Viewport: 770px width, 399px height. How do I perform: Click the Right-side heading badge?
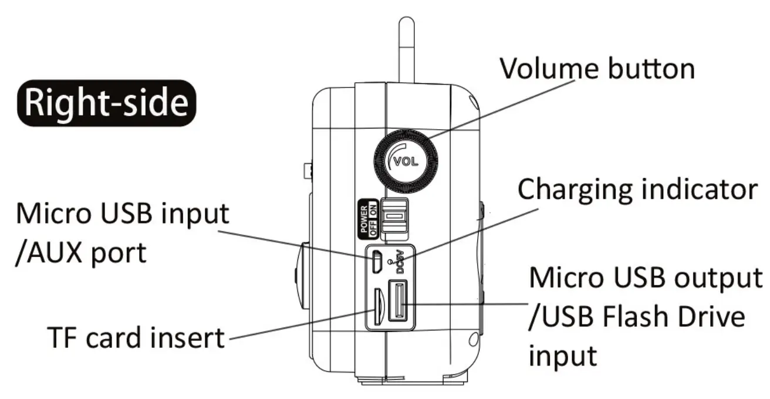pos(106,104)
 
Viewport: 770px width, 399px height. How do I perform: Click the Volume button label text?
pos(597,68)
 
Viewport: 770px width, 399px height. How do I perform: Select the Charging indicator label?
pos(636,190)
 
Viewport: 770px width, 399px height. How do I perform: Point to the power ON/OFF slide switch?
pos(394,218)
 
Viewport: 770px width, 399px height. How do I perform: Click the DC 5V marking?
pos(400,262)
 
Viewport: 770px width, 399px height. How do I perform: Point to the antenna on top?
pos(406,50)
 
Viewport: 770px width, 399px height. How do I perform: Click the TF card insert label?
pos(136,337)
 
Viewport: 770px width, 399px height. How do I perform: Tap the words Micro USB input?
pos(122,214)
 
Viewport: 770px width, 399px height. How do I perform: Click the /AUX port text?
pos(80,253)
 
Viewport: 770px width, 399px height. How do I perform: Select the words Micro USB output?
pos(646,278)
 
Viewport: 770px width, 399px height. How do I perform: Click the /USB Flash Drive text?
pos(636,317)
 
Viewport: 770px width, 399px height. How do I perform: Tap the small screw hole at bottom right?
pos(473,339)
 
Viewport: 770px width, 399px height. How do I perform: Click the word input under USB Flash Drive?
pos(563,355)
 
